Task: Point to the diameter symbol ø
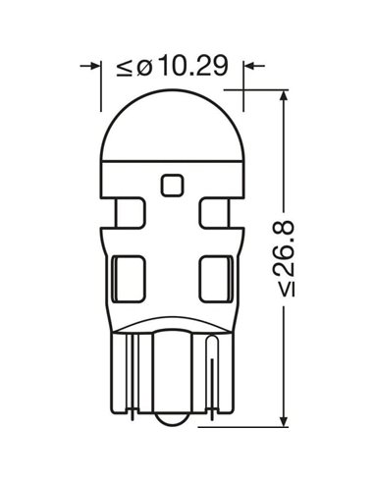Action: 144,68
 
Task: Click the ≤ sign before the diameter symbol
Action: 124,68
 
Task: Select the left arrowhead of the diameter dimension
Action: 95,66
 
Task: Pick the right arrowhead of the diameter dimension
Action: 249,66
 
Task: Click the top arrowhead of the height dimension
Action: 285,95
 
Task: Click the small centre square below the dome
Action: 172,186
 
